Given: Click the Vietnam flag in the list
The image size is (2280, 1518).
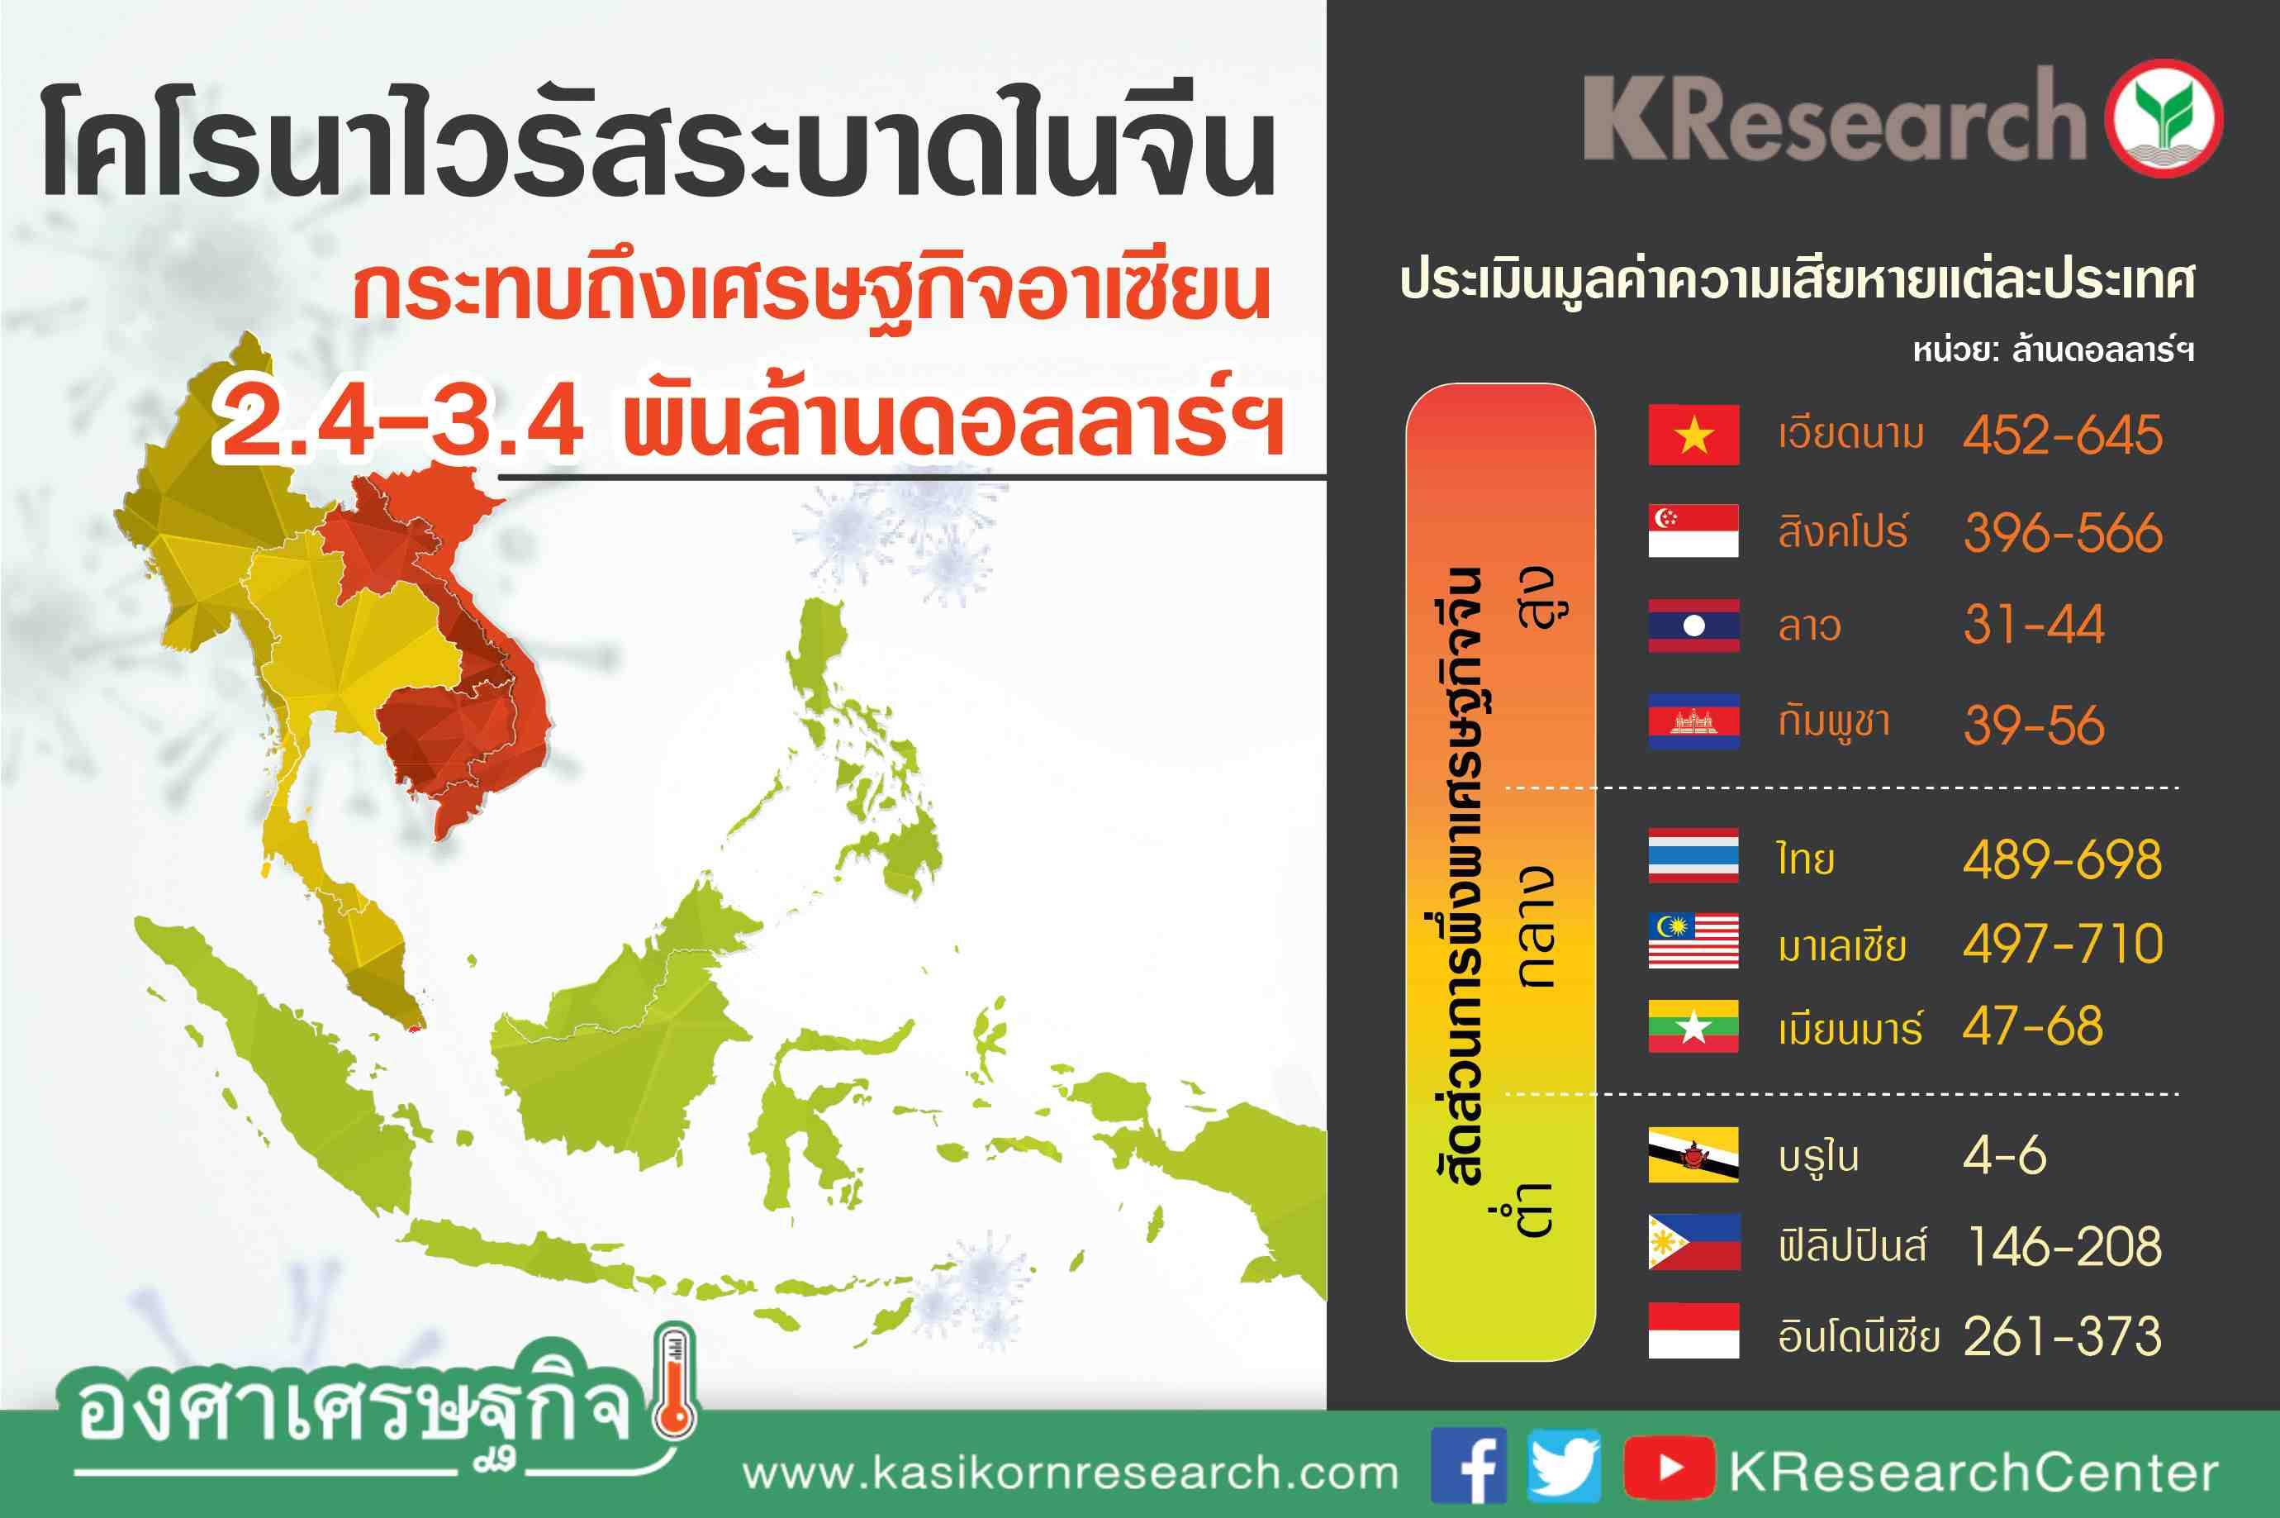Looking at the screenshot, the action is tap(1693, 435).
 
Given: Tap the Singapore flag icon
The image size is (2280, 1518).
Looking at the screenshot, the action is tap(1693, 531).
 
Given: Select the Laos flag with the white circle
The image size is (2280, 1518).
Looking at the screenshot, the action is tap(1693, 626).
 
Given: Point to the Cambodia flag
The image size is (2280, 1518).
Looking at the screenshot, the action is tap(1693, 721).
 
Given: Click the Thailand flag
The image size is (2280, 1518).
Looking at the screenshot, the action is tap(1693, 856).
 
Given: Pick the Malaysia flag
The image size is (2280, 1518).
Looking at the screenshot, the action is tap(1693, 941).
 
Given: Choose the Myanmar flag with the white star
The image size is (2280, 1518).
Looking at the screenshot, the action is tap(1693, 1026).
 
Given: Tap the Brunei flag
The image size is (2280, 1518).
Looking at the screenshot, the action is tap(1693, 1155).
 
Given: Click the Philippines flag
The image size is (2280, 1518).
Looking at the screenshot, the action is tap(1693, 1242).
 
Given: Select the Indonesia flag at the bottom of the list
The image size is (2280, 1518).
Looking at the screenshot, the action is tap(1693, 1331).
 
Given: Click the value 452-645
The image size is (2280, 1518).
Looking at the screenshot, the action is tap(2062, 435).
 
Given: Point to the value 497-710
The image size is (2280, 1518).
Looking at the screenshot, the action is tap(2062, 943).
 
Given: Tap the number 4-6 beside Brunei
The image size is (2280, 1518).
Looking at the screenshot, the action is tap(2004, 1155).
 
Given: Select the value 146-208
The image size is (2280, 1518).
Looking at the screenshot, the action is tap(2065, 1246).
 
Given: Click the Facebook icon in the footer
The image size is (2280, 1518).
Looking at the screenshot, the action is tap(1469, 1465).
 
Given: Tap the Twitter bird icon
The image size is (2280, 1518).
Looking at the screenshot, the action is tap(1564, 1465).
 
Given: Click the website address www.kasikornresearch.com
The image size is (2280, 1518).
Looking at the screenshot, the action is tap(1071, 1473).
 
